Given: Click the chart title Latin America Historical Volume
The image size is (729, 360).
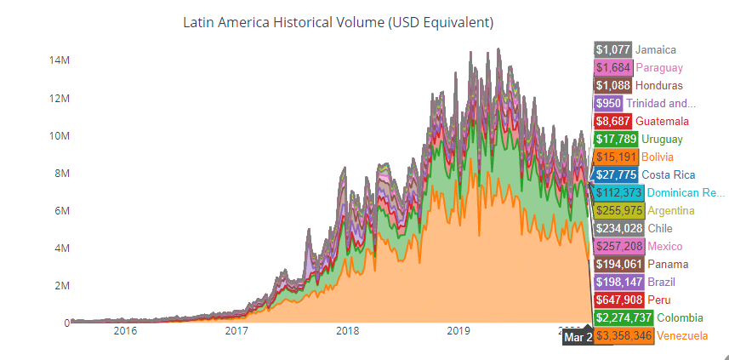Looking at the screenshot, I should [x=338, y=21].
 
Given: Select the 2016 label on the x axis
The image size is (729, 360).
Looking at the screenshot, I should [x=125, y=330].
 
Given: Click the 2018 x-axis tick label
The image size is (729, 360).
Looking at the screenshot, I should [x=347, y=330].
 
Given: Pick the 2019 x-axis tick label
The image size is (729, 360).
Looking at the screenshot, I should [x=458, y=330].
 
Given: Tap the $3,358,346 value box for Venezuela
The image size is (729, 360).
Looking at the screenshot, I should [x=624, y=336].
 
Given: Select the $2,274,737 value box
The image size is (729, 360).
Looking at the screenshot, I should [x=624, y=318].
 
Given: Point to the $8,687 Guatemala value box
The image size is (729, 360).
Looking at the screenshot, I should [x=612, y=121].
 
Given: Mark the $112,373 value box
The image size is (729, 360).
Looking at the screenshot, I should [x=619, y=192].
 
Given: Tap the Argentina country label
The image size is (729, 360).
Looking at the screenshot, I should [x=670, y=210].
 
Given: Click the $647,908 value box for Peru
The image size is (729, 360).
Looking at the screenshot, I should [x=619, y=300].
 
